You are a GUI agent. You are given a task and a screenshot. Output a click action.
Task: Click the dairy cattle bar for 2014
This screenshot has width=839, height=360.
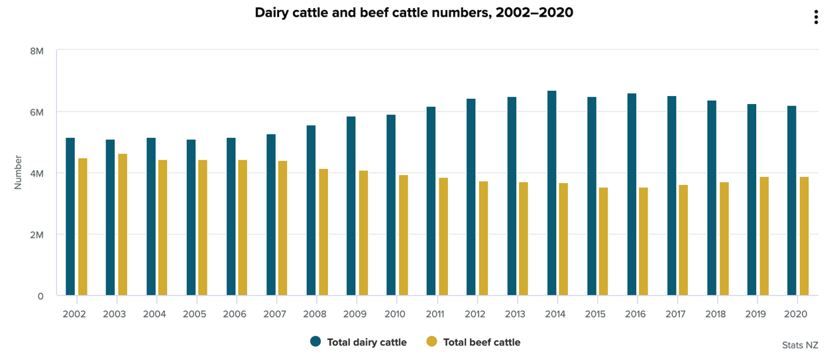(551, 193)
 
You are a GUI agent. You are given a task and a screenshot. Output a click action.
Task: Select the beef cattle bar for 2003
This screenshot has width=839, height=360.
(123, 225)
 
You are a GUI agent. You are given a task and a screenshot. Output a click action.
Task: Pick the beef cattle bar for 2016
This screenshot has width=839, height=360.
(643, 241)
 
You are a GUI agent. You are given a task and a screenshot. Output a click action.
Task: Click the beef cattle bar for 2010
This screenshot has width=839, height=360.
(403, 235)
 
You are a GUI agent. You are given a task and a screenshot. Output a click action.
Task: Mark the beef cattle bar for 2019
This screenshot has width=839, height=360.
(763, 236)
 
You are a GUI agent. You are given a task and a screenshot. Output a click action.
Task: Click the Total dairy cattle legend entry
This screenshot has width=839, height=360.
(359, 342)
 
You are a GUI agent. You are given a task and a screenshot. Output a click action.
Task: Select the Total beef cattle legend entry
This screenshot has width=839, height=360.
(473, 342)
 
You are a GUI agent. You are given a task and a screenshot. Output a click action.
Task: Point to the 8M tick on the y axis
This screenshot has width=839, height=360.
(37, 50)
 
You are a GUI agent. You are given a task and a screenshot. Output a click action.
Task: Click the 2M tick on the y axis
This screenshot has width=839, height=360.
(37, 235)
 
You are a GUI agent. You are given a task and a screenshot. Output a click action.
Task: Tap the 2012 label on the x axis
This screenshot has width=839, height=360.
(475, 314)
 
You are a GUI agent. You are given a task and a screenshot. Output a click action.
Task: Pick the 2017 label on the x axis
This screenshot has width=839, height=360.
(675, 314)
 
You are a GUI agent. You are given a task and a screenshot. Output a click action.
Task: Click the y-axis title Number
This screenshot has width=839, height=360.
(18, 172)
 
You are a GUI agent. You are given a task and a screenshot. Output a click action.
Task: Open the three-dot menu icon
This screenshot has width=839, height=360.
(816, 17)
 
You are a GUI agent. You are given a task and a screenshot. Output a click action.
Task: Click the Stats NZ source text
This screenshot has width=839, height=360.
(800, 345)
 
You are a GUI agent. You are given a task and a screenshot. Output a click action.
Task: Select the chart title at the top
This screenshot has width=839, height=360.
(414, 13)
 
